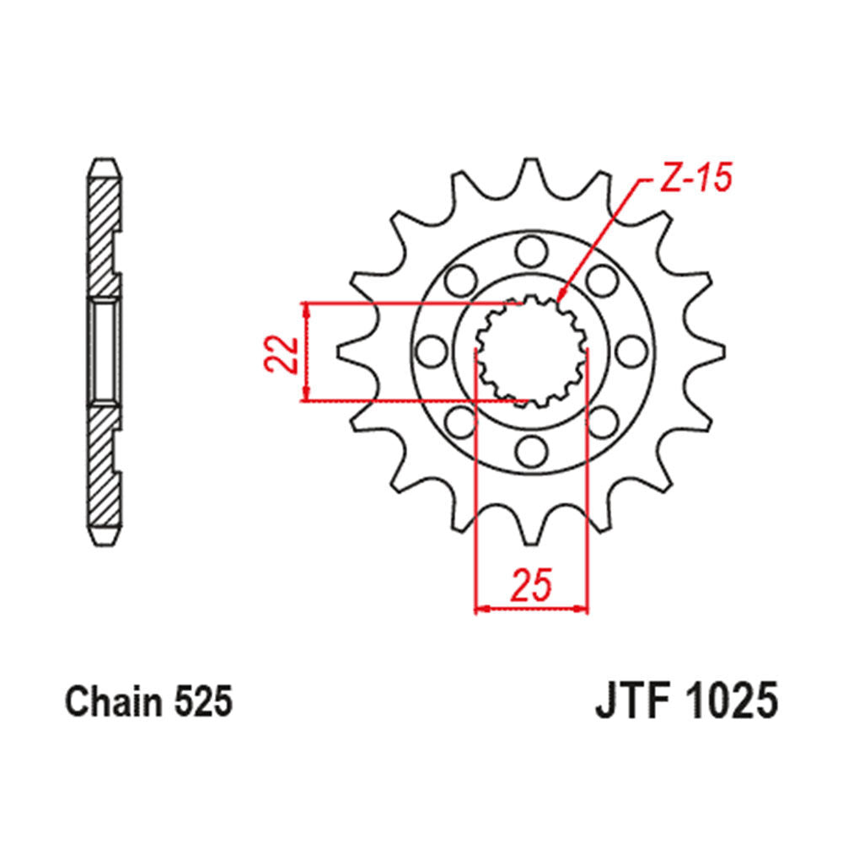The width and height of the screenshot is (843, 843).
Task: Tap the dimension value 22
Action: [x=281, y=352]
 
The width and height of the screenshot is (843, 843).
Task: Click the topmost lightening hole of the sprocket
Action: [x=531, y=249]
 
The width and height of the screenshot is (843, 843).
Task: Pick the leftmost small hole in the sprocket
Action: [x=431, y=350]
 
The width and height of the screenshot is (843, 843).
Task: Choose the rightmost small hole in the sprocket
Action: [x=631, y=350]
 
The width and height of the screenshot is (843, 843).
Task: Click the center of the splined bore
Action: [x=531, y=350]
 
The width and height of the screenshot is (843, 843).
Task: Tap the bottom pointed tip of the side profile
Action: [x=105, y=540]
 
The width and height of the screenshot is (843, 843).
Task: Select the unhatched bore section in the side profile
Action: [x=105, y=350]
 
